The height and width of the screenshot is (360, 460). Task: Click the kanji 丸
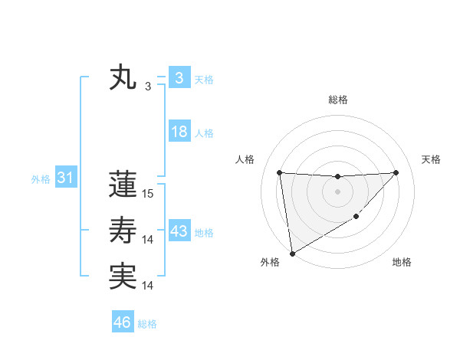[123, 79]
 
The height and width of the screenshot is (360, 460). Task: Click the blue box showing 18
[179, 132]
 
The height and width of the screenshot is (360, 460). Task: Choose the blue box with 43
[179, 231]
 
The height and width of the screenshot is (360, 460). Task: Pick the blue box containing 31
[65, 178]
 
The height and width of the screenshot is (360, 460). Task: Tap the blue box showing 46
[123, 322]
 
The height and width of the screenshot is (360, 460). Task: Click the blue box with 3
[179, 78]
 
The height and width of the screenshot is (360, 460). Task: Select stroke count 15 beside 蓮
[148, 194]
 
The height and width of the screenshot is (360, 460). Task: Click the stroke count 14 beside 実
[148, 286]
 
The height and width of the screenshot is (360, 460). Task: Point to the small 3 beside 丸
[148, 87]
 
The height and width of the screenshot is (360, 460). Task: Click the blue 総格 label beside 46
[147, 324]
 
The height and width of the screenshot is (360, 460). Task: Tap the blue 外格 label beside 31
[41, 179]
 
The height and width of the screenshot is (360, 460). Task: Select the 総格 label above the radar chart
[337, 100]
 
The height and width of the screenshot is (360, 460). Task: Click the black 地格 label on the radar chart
[402, 263]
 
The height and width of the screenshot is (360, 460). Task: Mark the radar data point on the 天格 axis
[396, 172]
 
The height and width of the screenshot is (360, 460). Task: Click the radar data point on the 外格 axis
[291, 253]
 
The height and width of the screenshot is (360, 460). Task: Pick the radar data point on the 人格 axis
[279, 172]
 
